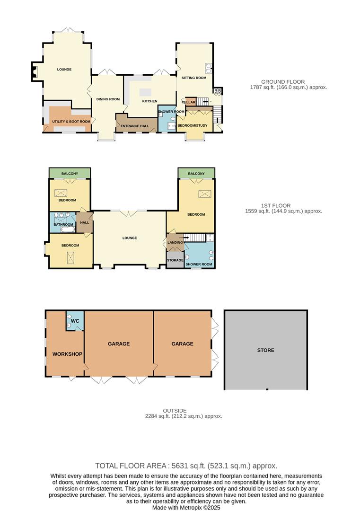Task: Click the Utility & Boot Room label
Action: click(71, 122)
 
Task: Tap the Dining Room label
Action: click(108, 99)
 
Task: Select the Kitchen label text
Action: click(149, 101)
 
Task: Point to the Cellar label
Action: click(189, 102)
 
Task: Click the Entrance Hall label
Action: click(135, 126)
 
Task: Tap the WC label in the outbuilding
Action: click(74, 322)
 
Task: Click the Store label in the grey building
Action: click(265, 351)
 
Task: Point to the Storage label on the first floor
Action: click(175, 260)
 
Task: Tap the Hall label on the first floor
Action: click(85, 222)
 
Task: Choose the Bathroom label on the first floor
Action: click(63, 224)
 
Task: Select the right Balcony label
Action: click(196, 174)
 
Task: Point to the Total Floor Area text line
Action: click(186, 466)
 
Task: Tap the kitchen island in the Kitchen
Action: click(146, 91)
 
